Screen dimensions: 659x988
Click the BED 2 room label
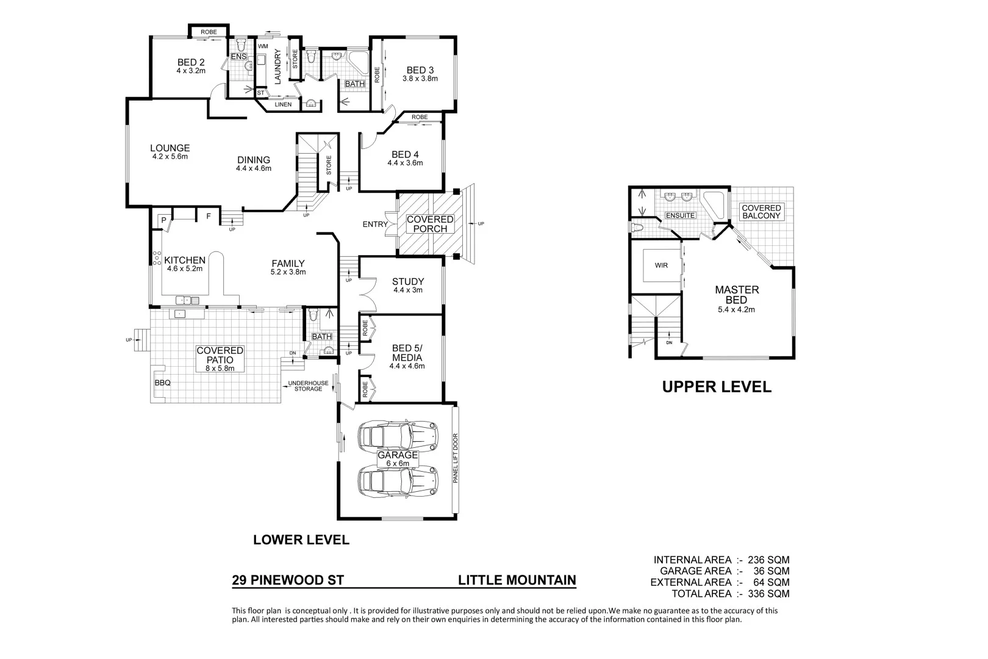pos(191,62)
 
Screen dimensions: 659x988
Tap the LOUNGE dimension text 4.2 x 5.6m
pos(170,157)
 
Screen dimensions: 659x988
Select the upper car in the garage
pos(398,436)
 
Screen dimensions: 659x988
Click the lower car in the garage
pos(398,481)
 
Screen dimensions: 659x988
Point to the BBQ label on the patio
pos(162,383)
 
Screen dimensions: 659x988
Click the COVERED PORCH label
pos(430,224)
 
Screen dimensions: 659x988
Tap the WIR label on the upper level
pos(661,265)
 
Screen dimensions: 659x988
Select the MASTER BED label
pos(737,295)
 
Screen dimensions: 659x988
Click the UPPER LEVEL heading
pos(717,387)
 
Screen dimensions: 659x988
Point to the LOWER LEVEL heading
pos(301,540)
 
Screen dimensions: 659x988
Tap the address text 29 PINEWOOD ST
pos(288,580)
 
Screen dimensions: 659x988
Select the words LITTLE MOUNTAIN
pos(517,580)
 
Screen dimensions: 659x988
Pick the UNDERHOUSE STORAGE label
pos(308,386)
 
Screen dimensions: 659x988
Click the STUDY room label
pos(407,282)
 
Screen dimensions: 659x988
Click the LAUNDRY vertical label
pos(277,67)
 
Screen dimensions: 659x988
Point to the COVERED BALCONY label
pos(761,212)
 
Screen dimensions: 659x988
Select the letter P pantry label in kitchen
pos(163,220)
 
